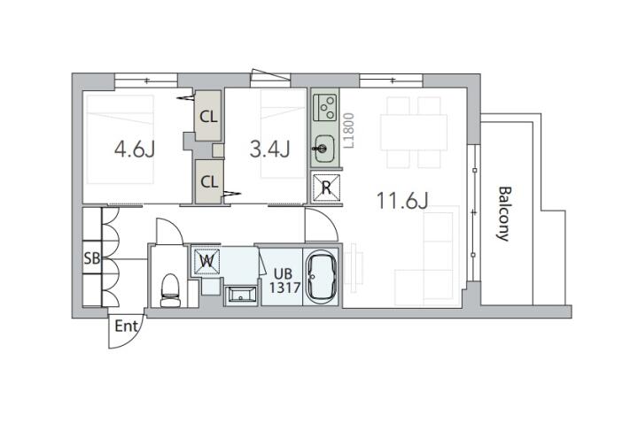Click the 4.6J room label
click(135, 150)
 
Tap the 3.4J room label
click(269, 150)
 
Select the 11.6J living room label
click(402, 200)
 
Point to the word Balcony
click(504, 214)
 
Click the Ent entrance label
click(127, 326)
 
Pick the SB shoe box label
click(92, 257)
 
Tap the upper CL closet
click(208, 116)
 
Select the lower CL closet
click(209, 181)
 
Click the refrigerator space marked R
click(326, 188)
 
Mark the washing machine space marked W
click(206, 261)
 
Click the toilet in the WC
click(170, 290)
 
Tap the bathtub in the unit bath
click(322, 276)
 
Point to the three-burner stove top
click(325, 107)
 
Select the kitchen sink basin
click(324, 149)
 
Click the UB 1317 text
click(284, 280)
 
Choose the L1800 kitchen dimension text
click(349, 130)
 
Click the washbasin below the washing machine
click(240, 294)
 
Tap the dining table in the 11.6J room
click(414, 133)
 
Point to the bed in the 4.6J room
click(120, 139)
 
